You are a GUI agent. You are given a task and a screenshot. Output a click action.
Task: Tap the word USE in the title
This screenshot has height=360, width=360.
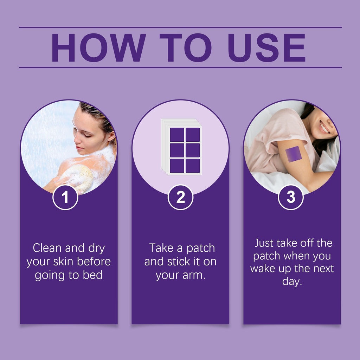click(x=266, y=48)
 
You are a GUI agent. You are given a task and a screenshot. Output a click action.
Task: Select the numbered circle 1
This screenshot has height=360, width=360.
click(x=65, y=197)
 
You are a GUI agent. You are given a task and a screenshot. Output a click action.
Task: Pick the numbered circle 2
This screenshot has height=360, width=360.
click(x=180, y=197)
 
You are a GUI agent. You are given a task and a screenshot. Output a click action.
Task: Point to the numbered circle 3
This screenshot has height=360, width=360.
click(x=291, y=197)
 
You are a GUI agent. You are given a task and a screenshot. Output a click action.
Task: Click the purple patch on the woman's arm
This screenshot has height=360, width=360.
click(x=294, y=154)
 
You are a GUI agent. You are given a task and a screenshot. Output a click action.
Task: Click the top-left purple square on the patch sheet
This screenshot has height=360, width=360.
click(x=177, y=135)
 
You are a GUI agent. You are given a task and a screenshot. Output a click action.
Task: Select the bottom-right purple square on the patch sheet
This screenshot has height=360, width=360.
click(x=193, y=166)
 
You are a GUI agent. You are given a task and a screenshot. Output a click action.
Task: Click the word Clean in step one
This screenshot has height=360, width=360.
click(x=47, y=248)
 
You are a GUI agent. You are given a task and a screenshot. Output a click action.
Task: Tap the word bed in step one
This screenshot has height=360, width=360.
click(x=92, y=275)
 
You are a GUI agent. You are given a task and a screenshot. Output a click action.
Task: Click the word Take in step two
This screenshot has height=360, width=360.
click(x=161, y=248)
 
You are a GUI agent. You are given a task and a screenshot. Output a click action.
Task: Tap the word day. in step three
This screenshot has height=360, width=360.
click(x=292, y=281)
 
